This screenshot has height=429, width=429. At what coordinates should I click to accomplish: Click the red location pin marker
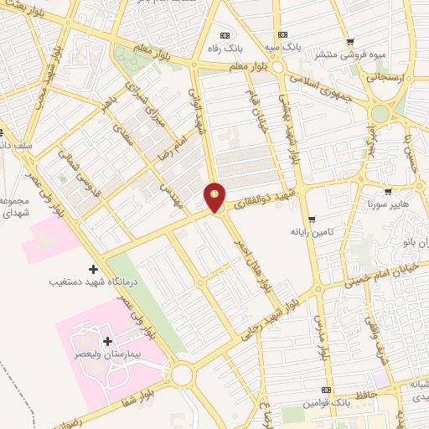tap(215, 196)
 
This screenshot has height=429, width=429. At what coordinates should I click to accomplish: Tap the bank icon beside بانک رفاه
tap(224, 34)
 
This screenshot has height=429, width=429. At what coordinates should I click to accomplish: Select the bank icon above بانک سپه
tap(284, 34)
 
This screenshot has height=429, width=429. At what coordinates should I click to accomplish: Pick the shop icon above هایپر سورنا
tap(387, 191)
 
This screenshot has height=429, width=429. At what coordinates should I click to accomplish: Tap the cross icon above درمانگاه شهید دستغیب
tap(92, 269)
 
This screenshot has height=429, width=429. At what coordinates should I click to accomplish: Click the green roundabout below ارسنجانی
tap(381, 113)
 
